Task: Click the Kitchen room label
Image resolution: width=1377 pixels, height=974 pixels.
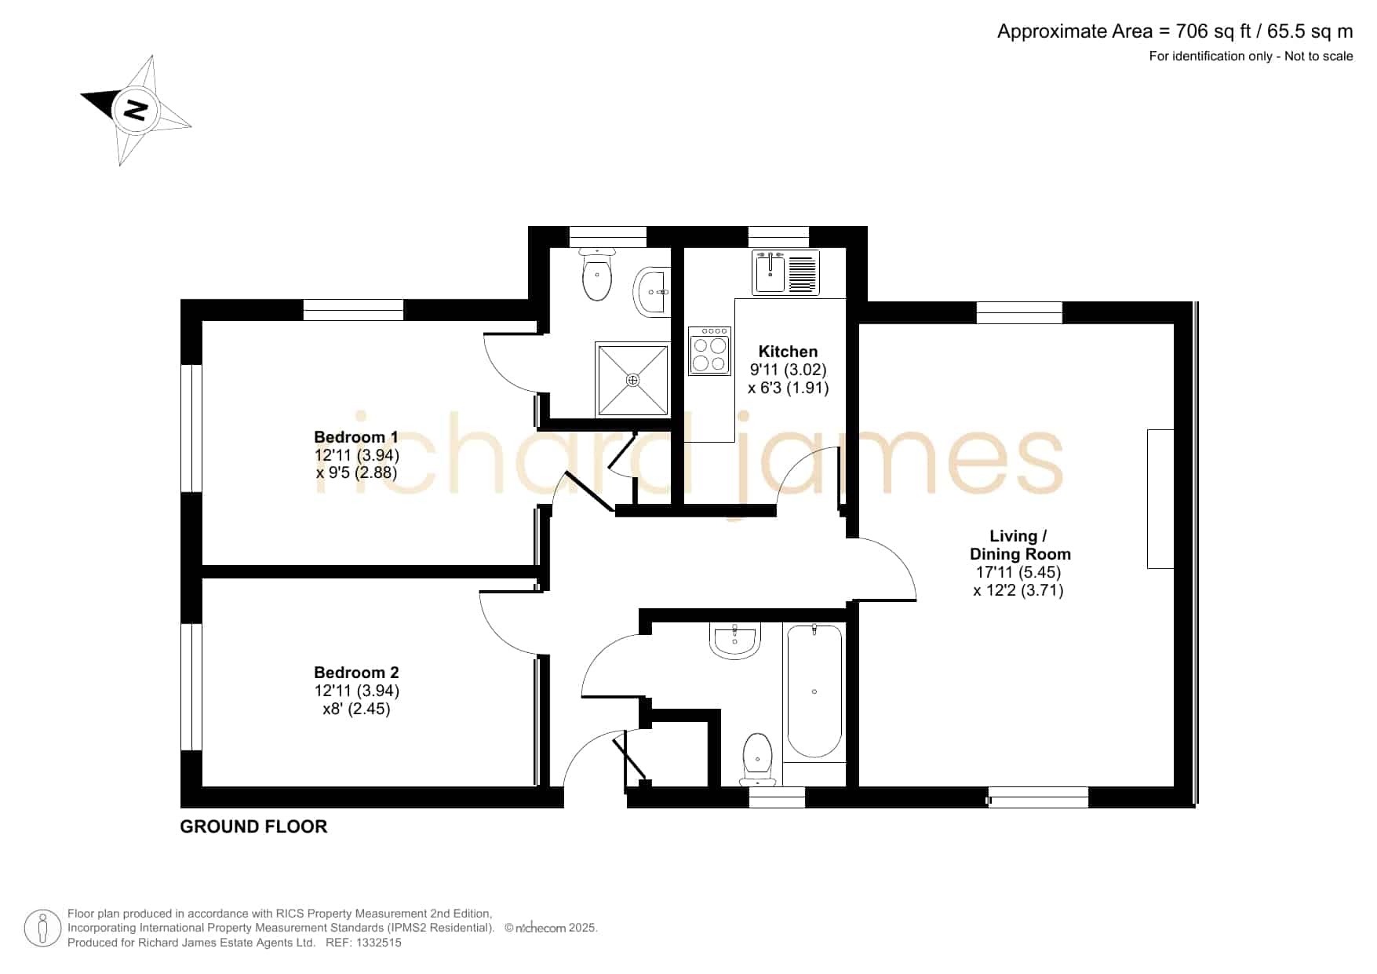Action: point(788,352)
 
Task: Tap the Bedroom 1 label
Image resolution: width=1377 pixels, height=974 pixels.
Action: point(356,437)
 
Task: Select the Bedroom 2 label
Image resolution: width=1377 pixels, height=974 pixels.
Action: point(356,673)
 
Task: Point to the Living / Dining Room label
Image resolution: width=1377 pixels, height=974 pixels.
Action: point(1019,545)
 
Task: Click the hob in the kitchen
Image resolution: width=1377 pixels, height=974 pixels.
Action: point(709,351)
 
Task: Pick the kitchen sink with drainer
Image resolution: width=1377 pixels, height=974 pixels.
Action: point(785,272)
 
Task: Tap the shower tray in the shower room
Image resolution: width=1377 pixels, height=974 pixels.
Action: point(632,379)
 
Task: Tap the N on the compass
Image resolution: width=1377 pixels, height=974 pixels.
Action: point(137,110)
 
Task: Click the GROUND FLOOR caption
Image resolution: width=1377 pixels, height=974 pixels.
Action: point(253,826)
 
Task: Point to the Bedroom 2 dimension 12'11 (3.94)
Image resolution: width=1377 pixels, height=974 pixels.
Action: point(357,691)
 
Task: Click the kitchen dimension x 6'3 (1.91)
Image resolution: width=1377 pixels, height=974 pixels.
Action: point(789,388)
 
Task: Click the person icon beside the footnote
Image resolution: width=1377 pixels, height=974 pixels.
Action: point(42,928)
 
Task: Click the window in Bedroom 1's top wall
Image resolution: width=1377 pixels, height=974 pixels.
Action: point(353,310)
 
